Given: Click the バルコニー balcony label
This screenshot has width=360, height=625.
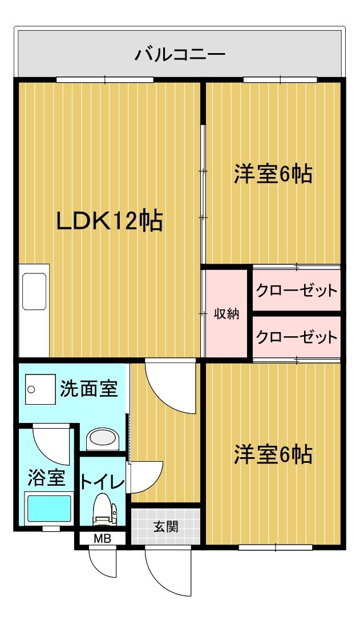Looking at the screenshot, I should click(x=180, y=55).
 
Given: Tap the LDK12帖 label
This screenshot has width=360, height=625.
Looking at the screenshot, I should click(x=109, y=221).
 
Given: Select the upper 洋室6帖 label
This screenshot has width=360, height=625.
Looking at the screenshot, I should click(x=273, y=174).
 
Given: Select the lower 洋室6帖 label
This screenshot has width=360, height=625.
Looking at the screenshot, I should click(x=273, y=455).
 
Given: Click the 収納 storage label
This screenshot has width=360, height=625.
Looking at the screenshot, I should click(x=226, y=313).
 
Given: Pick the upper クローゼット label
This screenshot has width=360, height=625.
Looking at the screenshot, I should click(x=297, y=291).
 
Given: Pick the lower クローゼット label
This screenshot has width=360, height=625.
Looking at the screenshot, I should click(x=297, y=337).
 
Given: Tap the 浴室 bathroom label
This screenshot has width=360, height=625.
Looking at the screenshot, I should click(x=46, y=478).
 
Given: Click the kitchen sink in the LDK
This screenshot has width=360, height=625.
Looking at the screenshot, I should click(x=34, y=292).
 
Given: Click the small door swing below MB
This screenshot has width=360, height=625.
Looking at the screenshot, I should click(x=103, y=562).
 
